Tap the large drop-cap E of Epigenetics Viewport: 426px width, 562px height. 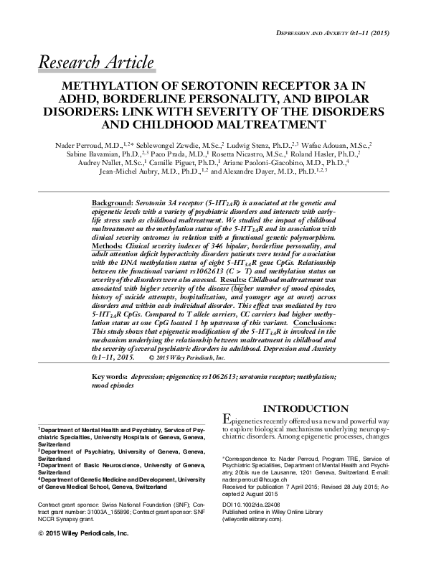[228, 420]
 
